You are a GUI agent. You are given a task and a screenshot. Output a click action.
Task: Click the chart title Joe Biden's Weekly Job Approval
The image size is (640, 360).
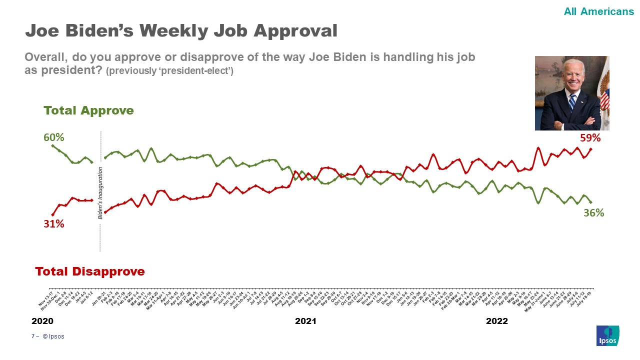(181, 31)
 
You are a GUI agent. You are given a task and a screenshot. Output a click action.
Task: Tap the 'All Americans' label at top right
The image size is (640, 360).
(598, 11)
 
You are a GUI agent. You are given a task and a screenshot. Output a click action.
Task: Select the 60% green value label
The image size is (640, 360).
(53, 137)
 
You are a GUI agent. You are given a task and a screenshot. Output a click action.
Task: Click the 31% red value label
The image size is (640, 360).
(53, 224)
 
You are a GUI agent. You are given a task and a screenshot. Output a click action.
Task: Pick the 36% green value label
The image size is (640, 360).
(593, 212)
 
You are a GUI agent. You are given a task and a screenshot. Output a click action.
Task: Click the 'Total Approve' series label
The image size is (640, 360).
(88, 110)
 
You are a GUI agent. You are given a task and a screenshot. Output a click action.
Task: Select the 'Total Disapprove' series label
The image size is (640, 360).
(90, 271)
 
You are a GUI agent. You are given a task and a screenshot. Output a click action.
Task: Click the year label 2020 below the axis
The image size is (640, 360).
(42, 321)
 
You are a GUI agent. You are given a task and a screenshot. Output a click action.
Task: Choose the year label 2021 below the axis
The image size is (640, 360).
(305, 321)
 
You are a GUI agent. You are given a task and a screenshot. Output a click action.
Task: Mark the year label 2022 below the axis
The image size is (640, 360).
(497, 321)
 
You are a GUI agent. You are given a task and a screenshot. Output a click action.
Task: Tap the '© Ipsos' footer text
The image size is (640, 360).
(53, 336)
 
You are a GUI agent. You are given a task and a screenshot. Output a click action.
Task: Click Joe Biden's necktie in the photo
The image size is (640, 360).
(572, 101)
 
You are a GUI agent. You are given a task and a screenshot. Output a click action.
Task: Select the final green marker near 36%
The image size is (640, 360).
(591, 202)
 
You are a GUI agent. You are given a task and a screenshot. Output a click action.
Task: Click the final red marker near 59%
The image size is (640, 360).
(591, 149)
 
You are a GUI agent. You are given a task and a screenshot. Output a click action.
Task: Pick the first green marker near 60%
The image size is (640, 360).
(53, 145)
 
